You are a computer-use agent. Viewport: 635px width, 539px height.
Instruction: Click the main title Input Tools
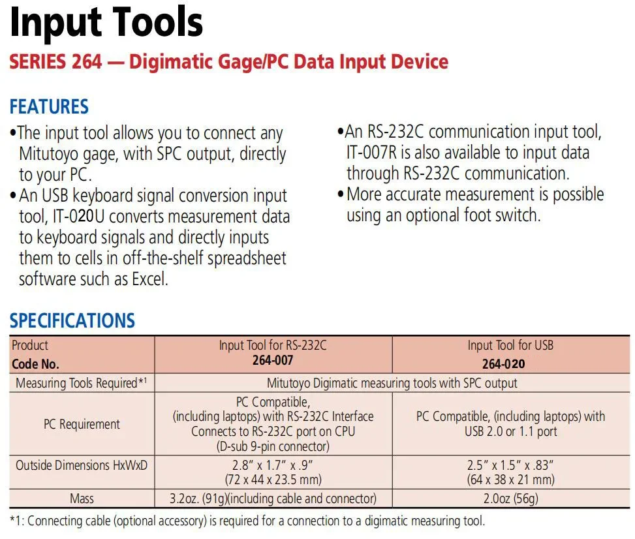(x=106, y=23)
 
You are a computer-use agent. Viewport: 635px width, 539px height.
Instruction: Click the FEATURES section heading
(x=49, y=106)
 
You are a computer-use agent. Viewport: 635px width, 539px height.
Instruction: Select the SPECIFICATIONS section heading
(x=72, y=320)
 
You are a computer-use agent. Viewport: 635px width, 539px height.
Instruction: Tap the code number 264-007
(x=273, y=360)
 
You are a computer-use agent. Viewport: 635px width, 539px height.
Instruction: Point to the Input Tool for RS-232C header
(x=273, y=345)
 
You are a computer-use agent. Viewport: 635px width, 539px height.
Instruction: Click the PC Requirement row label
(x=82, y=424)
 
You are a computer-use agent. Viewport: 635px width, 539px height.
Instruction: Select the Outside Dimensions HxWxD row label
(x=81, y=465)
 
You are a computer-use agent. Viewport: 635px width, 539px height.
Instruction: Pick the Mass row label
(x=82, y=499)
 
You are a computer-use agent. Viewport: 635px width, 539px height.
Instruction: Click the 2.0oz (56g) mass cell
(x=510, y=499)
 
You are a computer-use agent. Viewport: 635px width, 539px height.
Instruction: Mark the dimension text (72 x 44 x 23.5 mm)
(x=273, y=480)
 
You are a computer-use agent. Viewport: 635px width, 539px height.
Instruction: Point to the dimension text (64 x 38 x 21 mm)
(x=510, y=480)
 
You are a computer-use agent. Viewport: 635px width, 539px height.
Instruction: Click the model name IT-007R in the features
(x=373, y=153)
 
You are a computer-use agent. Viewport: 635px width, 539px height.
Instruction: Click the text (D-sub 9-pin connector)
(x=273, y=446)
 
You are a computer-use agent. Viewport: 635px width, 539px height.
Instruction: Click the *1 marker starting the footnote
(x=16, y=521)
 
